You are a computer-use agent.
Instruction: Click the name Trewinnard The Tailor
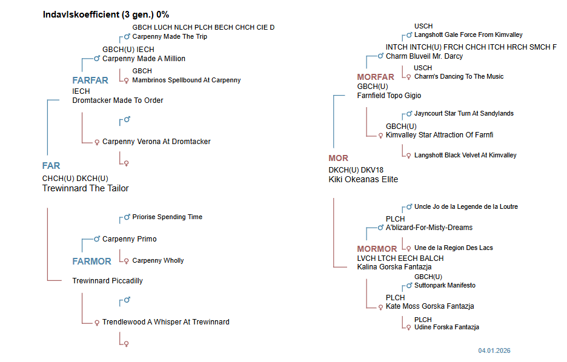pyautogui.click(x=85, y=188)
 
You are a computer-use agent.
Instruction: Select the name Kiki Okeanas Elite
pyautogui.click(x=363, y=179)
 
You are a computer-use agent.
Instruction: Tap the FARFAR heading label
pyautogui.click(x=90, y=81)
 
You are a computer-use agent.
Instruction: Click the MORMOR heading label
pyautogui.click(x=377, y=249)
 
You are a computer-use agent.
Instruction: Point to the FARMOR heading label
pyautogui.click(x=91, y=262)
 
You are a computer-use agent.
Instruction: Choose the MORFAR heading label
pyautogui.click(x=376, y=77)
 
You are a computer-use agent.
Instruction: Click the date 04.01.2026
pyautogui.click(x=494, y=350)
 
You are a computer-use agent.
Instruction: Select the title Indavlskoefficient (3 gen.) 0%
pyautogui.click(x=106, y=14)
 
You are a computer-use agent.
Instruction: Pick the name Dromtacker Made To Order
pyautogui.click(x=118, y=100)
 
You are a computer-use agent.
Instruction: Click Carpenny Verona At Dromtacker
pyautogui.click(x=156, y=142)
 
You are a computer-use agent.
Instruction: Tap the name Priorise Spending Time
pyautogui.click(x=167, y=217)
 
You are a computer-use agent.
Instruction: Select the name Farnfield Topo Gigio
pyautogui.click(x=389, y=96)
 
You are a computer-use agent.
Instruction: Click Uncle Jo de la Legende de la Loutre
pyautogui.click(x=466, y=206)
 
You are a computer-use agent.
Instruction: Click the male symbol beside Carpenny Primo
pyautogui.click(x=96, y=239)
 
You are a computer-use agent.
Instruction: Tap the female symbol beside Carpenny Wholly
pyautogui.click(x=127, y=261)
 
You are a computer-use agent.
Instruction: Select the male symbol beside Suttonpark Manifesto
pyautogui.click(x=409, y=285)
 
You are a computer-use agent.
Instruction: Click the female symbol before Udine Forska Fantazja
pyautogui.click(x=409, y=327)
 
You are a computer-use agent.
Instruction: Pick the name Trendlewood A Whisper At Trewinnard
pyautogui.click(x=165, y=322)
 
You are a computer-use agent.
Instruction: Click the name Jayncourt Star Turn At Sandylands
pyautogui.click(x=463, y=113)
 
